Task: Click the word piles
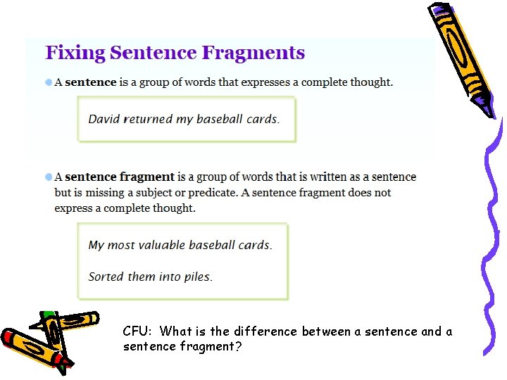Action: click(198, 277)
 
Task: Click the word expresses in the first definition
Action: click(244, 82)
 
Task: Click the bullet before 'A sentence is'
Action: click(49, 82)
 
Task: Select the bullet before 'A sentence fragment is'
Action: click(49, 177)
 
